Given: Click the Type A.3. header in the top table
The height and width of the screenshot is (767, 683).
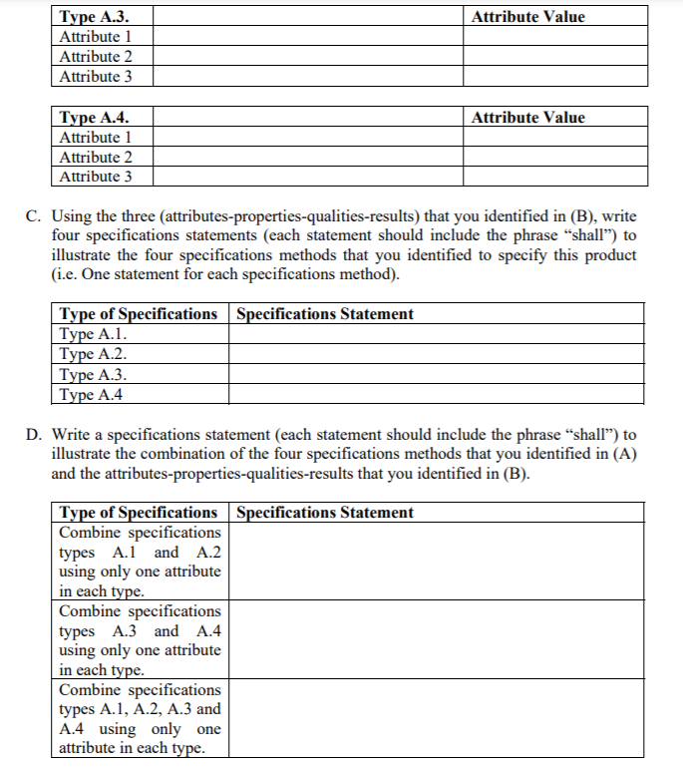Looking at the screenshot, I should coord(93,16).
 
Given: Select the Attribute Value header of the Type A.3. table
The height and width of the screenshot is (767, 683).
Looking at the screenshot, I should coord(527,16).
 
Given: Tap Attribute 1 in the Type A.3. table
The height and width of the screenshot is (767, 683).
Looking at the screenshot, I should coord(96,36).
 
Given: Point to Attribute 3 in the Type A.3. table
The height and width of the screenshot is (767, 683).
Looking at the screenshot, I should coord(96,76).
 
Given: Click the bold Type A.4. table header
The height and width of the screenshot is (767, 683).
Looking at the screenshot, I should coord(93,117).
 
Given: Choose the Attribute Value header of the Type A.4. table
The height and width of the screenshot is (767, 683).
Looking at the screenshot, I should coord(527,117).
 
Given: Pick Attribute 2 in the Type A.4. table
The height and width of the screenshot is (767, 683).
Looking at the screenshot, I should coord(96,157).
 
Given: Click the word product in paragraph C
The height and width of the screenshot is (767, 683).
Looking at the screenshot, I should coord(610,255).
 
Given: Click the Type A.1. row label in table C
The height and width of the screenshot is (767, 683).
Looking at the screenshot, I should coord(93,334).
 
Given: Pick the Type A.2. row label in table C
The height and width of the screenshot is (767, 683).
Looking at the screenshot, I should coord(93,354).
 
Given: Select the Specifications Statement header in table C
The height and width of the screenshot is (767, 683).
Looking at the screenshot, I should coord(325,314).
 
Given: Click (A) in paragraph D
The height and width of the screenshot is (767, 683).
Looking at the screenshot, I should coord(624,454).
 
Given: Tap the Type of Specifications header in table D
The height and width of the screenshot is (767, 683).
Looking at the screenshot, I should coord(139,513).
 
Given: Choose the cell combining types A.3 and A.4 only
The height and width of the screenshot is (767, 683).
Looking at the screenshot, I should coord(140,640).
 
